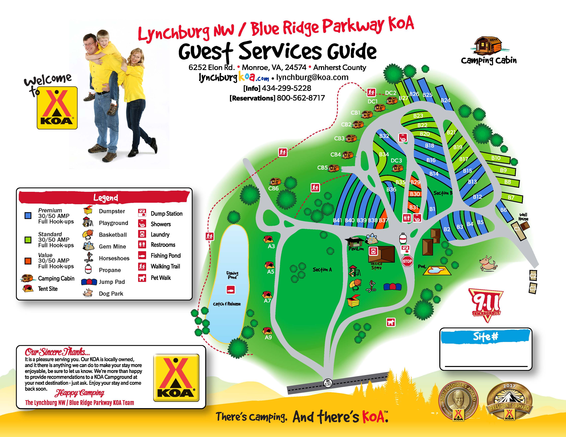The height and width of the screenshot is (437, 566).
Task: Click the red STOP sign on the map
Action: [407, 261]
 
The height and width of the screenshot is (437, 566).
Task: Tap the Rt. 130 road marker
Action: [328, 383]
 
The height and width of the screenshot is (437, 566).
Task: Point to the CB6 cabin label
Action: [273, 188]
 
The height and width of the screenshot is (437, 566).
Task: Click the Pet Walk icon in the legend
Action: [142, 278]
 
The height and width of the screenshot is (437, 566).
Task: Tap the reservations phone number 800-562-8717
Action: [301, 98]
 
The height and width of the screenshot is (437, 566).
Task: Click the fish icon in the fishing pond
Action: [231, 289]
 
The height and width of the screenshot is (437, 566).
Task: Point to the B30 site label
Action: [415, 194]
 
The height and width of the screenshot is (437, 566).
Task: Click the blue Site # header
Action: [485, 336]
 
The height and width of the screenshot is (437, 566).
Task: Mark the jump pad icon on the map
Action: [392, 287]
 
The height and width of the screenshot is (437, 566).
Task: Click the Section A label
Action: [322, 270]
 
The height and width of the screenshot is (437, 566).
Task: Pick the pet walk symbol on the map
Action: [391, 322]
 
